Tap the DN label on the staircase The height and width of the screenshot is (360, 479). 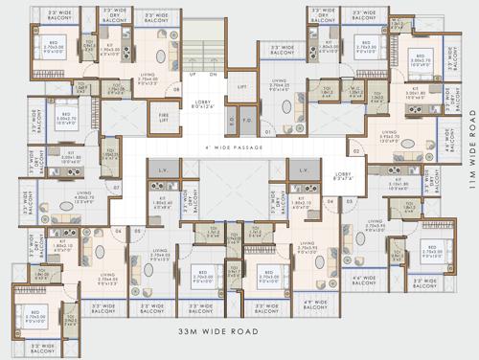(x=213, y=74)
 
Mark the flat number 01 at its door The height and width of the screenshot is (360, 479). (x=268, y=130)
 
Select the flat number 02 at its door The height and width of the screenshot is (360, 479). (x=354, y=151)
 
